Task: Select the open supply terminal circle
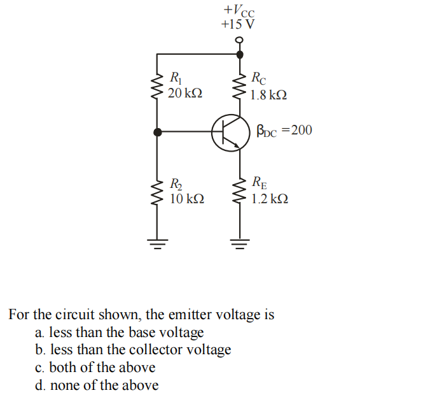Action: tap(239, 40)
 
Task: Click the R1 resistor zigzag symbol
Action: tap(157, 87)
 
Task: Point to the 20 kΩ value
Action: tap(185, 94)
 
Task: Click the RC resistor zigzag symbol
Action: tap(240, 87)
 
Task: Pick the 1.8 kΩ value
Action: tap(268, 95)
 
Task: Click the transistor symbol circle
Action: tap(231, 133)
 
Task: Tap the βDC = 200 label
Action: tap(284, 131)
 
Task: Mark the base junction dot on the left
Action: tap(157, 132)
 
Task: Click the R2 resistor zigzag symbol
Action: tap(157, 191)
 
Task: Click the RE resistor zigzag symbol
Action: tap(240, 190)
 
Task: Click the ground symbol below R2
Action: tap(157, 242)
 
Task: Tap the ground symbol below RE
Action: tap(240, 242)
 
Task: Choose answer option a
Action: tap(120, 333)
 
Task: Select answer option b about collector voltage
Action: tap(133, 350)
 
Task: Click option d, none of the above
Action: tap(97, 385)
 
